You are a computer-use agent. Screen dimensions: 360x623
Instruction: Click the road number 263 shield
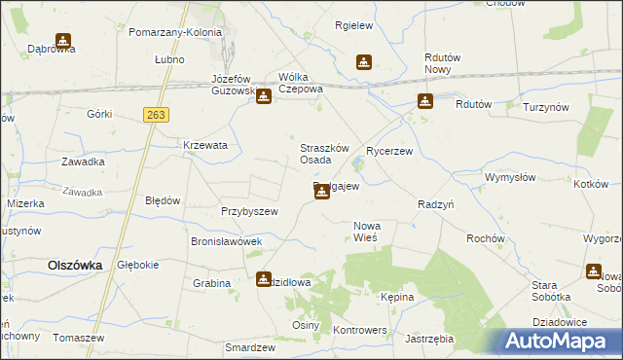(155, 115)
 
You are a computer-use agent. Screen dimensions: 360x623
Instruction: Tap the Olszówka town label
(76, 265)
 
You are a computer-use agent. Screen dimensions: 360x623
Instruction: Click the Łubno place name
(169, 58)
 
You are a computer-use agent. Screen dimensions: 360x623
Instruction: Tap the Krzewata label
(205, 145)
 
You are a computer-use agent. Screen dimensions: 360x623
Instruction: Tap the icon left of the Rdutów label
(425, 100)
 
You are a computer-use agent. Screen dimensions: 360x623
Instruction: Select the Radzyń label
(436, 205)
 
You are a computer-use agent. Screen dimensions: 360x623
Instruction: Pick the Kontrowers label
(360, 330)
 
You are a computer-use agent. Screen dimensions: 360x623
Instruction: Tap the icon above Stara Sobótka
(594, 271)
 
